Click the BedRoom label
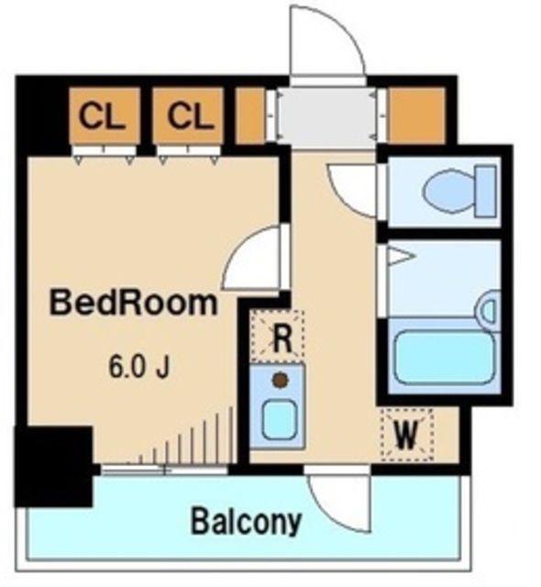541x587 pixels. (134, 304)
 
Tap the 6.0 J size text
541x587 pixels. (139, 367)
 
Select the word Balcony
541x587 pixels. (246, 521)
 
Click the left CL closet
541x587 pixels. (105, 116)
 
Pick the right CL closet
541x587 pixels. (189, 116)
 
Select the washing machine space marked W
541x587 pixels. (407, 435)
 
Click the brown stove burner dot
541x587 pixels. (281, 380)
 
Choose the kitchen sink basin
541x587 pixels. (280, 419)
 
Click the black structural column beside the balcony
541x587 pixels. (53, 467)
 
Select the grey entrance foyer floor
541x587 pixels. (327, 116)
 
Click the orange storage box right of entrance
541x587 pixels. (417, 116)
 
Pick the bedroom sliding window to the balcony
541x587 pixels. (165, 469)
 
